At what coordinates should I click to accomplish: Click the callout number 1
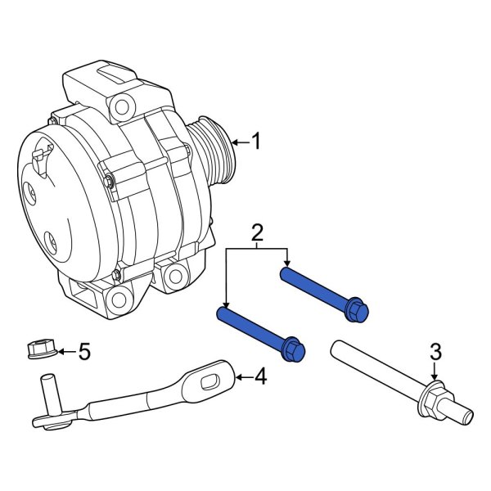tap(256, 142)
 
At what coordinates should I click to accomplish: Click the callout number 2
tap(256, 233)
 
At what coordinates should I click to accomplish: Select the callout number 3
tap(435, 352)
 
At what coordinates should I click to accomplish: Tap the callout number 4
tap(260, 377)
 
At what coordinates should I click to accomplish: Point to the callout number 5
tap(83, 353)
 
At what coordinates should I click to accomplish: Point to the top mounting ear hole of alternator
tap(123, 105)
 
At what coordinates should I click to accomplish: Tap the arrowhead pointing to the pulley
tap(234, 143)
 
